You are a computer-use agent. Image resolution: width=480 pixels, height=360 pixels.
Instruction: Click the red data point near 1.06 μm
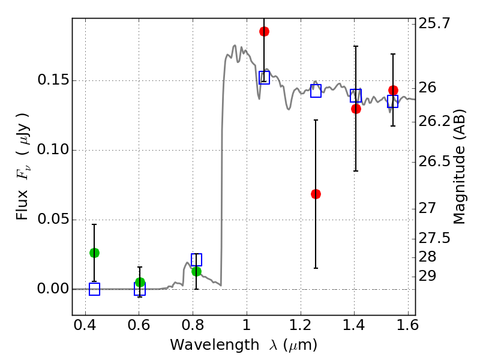pos(264,32)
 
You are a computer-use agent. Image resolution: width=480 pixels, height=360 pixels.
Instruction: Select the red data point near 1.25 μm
pos(316,194)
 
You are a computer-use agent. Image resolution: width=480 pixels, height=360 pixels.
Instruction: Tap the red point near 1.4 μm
pos(356,109)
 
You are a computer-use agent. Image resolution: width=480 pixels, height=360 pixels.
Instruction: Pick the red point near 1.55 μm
pos(393,91)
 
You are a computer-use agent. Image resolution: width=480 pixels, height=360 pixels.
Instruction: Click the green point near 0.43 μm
pos(94,253)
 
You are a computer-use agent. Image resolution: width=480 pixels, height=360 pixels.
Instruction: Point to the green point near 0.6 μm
pos(140,282)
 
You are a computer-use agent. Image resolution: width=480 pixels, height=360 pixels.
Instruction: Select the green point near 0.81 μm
pos(196,271)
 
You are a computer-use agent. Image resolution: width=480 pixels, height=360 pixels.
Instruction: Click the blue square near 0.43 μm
pos(94,289)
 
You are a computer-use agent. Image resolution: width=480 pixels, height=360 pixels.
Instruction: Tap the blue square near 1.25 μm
pos(316,91)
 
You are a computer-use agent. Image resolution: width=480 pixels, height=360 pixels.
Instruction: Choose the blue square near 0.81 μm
pos(196,260)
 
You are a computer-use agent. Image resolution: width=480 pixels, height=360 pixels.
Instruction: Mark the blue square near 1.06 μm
pos(264,77)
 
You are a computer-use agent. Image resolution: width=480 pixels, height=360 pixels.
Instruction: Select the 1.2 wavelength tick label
pos(301,325)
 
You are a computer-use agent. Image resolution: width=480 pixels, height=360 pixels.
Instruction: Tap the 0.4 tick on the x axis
pos(85,325)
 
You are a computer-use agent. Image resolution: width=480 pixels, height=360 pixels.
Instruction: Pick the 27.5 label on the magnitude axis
pos(434,238)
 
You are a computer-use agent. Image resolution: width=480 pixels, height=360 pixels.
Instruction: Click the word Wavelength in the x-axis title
pos(215,346)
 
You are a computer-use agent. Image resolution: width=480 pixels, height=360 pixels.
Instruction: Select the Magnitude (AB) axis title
pos(458,167)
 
